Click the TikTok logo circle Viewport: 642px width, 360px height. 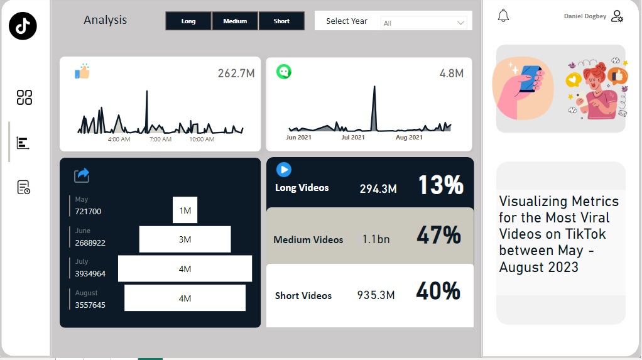pos(23,26)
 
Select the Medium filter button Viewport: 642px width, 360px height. pos(235,21)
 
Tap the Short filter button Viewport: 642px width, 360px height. pos(281,21)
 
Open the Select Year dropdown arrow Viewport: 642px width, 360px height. pos(460,23)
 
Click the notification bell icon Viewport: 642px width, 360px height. pos(503,16)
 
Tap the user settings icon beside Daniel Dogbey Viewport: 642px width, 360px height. pos(617,16)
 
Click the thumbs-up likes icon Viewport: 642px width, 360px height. pos(82,71)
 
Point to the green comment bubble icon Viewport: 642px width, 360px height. pos(284,72)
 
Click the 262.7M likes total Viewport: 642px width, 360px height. pos(236,74)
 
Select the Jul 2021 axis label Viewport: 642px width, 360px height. pos(353,137)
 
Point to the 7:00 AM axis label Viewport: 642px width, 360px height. pos(161,139)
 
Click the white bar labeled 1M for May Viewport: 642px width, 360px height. pos(185,210)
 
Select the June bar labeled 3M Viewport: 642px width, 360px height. pos(185,239)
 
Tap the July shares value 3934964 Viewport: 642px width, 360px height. pos(90,273)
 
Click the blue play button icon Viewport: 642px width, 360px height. pos(284,170)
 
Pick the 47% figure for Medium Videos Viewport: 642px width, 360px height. pos(439,236)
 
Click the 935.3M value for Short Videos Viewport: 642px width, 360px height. pos(376,295)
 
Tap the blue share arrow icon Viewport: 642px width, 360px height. pos(82,175)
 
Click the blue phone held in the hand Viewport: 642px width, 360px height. pos(530,79)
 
